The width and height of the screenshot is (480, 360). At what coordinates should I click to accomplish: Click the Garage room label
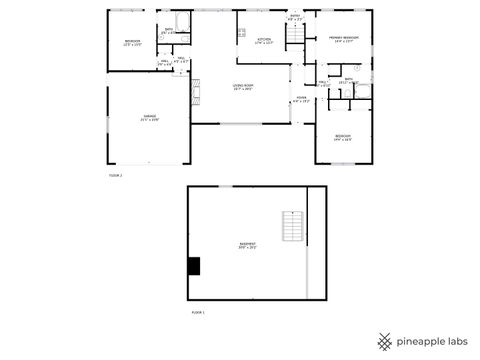click(x=149, y=118)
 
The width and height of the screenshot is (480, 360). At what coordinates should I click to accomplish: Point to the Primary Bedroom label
click(x=344, y=39)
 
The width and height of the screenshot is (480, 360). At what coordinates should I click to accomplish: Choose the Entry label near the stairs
click(x=295, y=18)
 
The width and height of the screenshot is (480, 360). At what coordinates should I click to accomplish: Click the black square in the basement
click(x=195, y=265)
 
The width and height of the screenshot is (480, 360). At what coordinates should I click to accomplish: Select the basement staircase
click(x=291, y=228)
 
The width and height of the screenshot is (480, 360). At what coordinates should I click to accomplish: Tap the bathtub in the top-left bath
click(x=183, y=21)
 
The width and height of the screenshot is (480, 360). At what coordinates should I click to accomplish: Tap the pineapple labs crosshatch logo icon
click(x=385, y=339)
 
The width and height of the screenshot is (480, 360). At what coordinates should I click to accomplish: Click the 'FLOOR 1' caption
click(x=198, y=313)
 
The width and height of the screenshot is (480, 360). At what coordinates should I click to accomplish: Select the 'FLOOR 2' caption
click(x=115, y=175)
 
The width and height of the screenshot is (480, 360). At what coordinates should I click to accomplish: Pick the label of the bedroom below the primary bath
click(x=343, y=137)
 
